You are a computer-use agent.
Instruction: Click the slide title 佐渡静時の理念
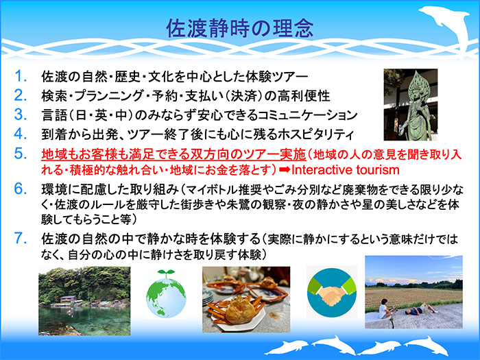click(x=239, y=27)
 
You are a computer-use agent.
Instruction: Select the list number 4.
click(x=22, y=132)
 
